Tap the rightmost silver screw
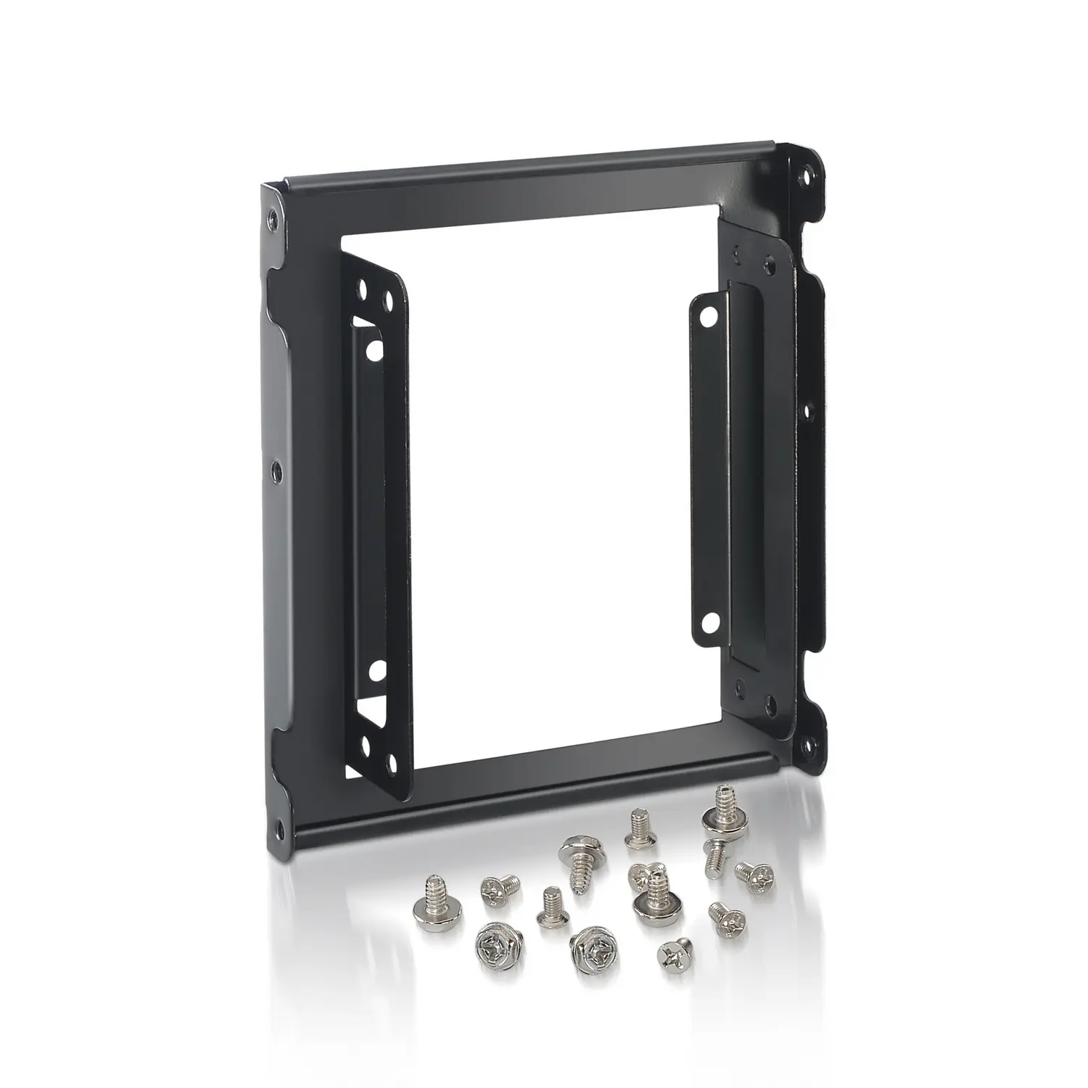click(754, 873)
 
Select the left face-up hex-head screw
click(495, 946)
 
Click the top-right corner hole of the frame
click(807, 176)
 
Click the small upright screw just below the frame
click(640, 840)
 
